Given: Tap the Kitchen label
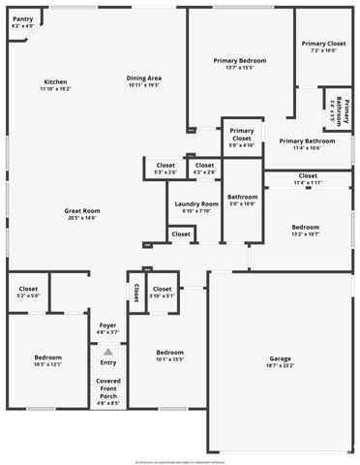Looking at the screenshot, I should [x=55, y=84].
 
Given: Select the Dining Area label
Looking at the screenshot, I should [x=143, y=81].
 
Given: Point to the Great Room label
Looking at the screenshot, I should [x=82, y=214].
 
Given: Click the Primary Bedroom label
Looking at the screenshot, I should [x=239, y=64].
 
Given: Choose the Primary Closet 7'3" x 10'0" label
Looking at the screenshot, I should [x=323, y=47].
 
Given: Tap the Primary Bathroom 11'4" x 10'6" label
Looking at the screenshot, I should [x=307, y=144].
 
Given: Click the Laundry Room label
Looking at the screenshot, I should [x=196, y=207].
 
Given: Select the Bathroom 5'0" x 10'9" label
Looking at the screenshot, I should [x=242, y=201].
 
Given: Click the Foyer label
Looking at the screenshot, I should [x=107, y=328].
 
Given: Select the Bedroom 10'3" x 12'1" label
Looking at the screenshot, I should [x=48, y=360].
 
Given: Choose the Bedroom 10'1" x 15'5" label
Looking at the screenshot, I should [x=170, y=355].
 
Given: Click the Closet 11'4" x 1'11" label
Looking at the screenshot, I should [x=308, y=179].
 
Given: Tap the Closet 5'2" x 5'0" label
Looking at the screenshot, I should [x=28, y=292].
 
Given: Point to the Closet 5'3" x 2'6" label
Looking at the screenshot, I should [x=165, y=169].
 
